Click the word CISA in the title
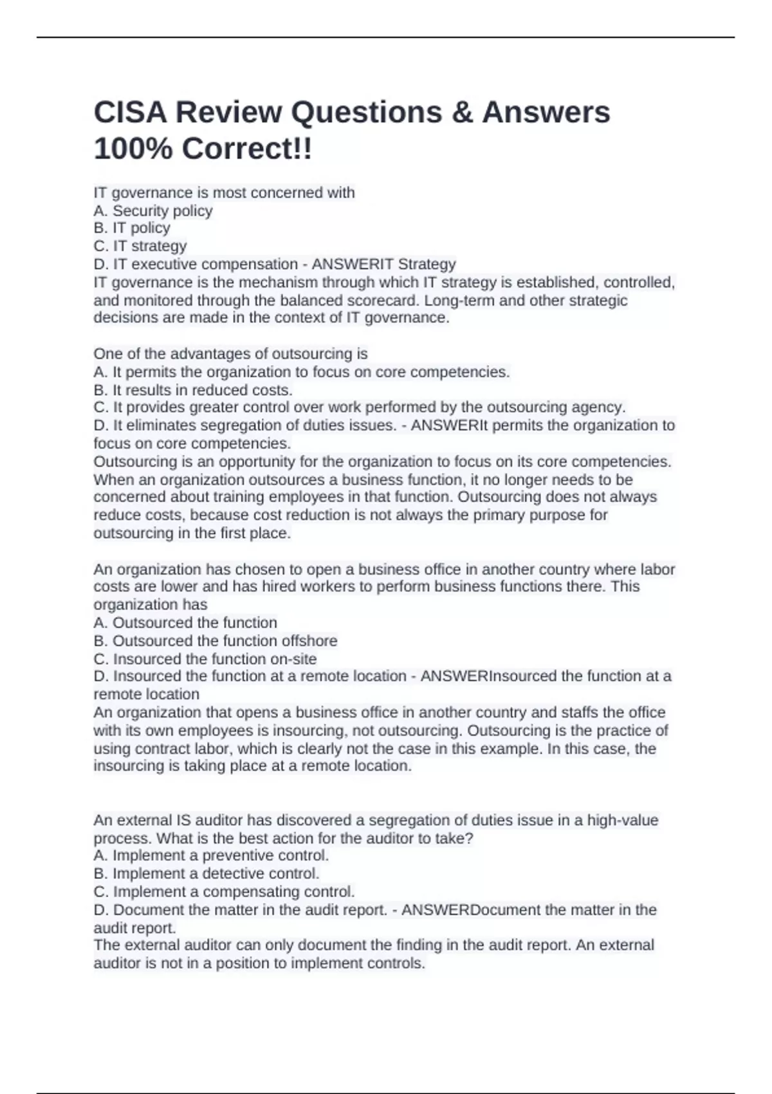(x=131, y=113)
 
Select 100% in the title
(x=133, y=149)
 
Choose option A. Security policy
(x=153, y=210)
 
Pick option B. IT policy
(x=132, y=228)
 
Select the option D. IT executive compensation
(x=196, y=264)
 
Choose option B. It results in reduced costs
(x=193, y=390)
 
